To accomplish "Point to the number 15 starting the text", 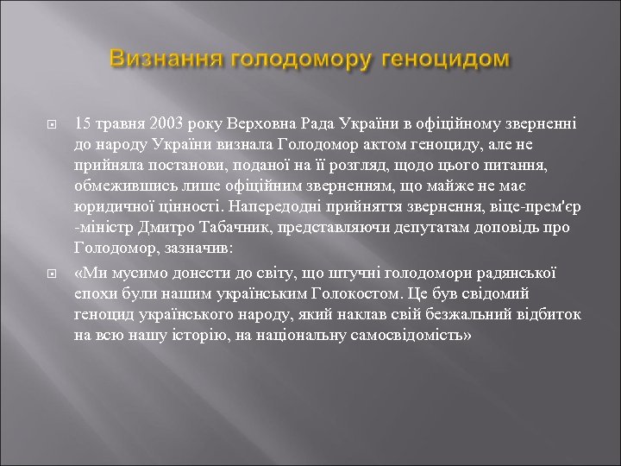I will pyautogui.click(x=84, y=123).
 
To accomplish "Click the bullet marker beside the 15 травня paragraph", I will pyautogui.click(x=50, y=124).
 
